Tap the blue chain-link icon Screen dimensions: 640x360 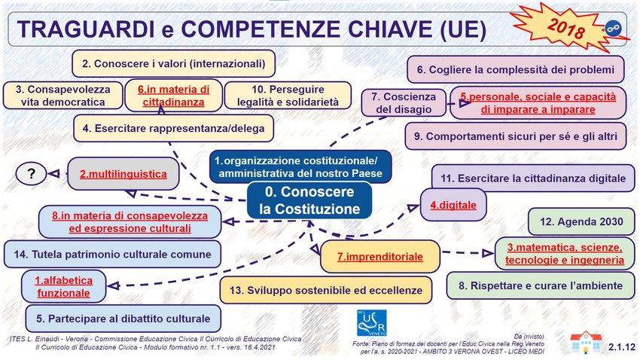(612, 29)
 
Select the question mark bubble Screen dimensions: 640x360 (31, 174)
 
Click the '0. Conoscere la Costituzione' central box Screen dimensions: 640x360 (309, 200)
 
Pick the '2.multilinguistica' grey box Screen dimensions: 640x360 (123, 174)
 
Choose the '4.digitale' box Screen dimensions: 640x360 (453, 205)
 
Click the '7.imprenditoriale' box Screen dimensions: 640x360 (380, 257)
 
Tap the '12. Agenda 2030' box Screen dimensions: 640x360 (581, 221)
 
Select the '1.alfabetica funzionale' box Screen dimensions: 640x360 (63, 286)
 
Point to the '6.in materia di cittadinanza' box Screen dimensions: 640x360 (173, 96)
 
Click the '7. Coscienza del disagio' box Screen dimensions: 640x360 (404, 103)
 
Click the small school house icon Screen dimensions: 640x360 (586, 342)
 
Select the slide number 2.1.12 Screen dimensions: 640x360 (622, 347)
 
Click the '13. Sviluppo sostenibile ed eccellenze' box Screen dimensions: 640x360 (326, 290)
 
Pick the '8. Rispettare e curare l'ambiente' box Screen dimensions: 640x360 (541, 285)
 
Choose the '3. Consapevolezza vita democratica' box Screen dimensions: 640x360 (62, 96)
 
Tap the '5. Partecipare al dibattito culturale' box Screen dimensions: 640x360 (123, 319)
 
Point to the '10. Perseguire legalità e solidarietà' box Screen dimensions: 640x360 (288, 96)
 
